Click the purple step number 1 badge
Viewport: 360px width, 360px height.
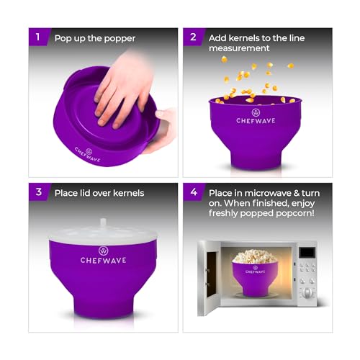click(38, 37)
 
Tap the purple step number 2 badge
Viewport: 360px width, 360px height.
click(192, 37)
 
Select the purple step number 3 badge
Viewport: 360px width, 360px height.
click(38, 192)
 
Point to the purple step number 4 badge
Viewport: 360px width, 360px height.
click(192, 192)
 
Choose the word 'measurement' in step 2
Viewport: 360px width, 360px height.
click(241, 48)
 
